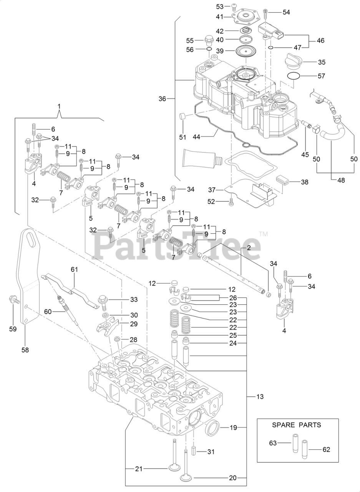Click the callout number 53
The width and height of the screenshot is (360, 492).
(220, 7)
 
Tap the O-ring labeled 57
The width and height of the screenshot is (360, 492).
(294, 76)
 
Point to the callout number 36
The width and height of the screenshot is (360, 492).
(163, 99)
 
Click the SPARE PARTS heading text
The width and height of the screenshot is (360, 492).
(296, 425)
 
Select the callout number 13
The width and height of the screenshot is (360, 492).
(260, 396)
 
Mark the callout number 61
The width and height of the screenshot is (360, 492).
(74, 269)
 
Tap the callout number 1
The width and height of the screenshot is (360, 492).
(59, 106)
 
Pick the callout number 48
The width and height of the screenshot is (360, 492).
(341, 180)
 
